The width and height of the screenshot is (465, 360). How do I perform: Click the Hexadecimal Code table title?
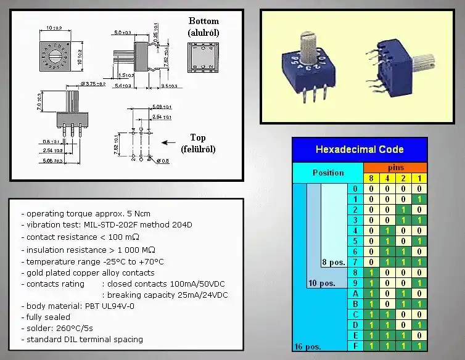[x=360, y=149]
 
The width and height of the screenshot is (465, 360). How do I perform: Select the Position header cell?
[x=328, y=173]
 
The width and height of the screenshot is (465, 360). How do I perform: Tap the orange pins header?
[x=395, y=167]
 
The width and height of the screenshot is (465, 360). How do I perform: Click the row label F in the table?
[x=355, y=346]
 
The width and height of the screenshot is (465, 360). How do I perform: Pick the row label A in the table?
[x=355, y=293]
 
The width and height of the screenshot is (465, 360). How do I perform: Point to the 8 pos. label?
[x=334, y=263]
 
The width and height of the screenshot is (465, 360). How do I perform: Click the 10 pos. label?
[x=321, y=284]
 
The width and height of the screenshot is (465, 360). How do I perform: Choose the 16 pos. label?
[x=307, y=346]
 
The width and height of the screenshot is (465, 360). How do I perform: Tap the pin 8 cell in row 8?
[x=371, y=272]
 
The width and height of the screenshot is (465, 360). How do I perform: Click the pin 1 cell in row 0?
[x=419, y=189]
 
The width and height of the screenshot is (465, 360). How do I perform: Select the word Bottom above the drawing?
[x=203, y=22]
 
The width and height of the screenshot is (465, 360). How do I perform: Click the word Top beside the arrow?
[x=198, y=138]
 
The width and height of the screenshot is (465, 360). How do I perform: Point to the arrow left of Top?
[x=169, y=143]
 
